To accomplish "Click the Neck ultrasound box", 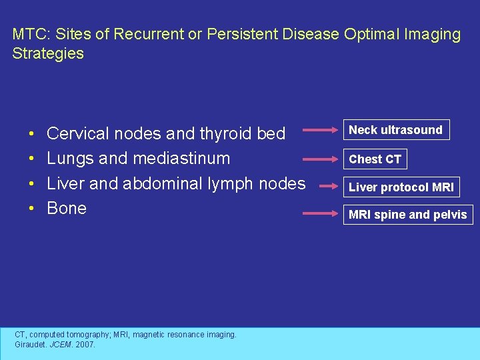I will [396, 130].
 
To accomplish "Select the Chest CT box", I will [375, 159].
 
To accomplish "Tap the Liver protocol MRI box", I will [401, 187].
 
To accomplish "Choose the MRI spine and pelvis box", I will [408, 215].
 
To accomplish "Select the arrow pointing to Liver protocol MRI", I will [322, 187].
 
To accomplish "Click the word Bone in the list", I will [67, 208].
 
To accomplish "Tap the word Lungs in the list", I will [69, 159].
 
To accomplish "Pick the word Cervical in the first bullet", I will [78, 134].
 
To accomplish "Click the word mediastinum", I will [181, 159].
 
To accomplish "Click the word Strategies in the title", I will [48, 53].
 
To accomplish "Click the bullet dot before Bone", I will [32, 209].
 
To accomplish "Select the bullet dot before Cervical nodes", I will [32, 135].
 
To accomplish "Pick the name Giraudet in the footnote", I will [31, 345].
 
